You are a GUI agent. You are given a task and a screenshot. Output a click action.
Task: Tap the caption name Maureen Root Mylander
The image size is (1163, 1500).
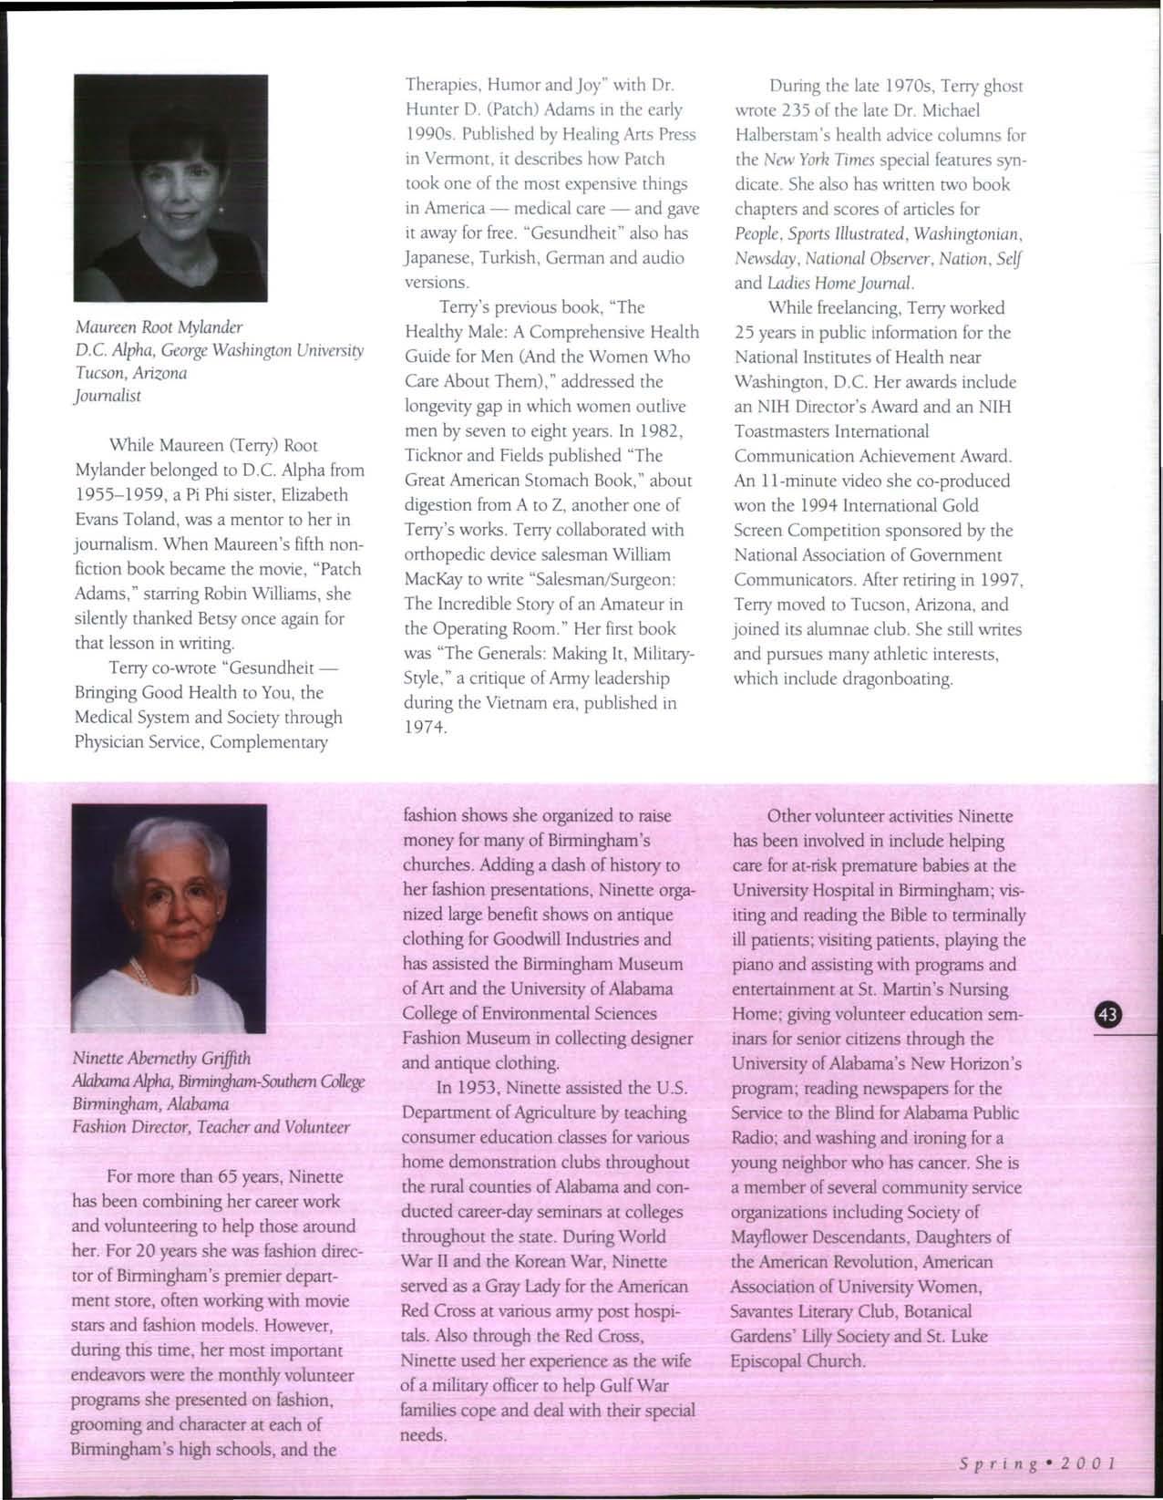click(159, 326)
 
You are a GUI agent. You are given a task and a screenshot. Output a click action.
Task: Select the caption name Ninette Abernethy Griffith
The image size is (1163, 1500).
click(161, 1059)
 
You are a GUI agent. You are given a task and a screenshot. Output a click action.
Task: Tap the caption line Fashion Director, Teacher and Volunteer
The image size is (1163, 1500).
click(211, 1127)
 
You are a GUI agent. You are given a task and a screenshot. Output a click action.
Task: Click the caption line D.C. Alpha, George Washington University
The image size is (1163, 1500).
click(219, 349)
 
